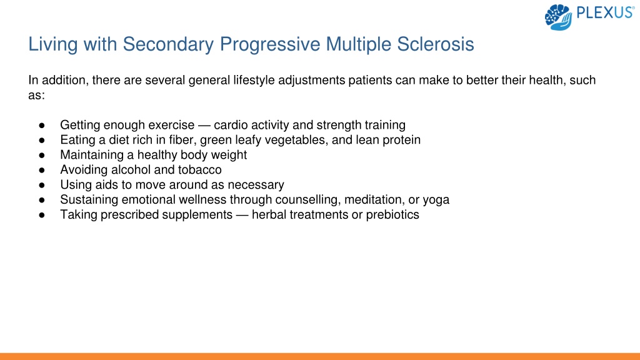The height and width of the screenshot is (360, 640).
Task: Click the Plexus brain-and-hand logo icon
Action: [x=558, y=17]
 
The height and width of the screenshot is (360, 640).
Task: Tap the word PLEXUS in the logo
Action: [x=605, y=13]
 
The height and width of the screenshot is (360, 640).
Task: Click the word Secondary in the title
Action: [x=168, y=44]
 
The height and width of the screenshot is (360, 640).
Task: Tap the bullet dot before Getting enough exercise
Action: [x=42, y=125]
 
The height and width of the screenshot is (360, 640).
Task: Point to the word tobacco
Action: [x=199, y=170]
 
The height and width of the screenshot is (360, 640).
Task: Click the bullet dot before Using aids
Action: [x=42, y=185]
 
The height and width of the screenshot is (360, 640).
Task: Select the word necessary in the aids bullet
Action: [x=256, y=185]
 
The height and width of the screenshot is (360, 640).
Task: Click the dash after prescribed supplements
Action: [x=242, y=215]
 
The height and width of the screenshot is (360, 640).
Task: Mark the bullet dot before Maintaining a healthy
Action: [x=42, y=156]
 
